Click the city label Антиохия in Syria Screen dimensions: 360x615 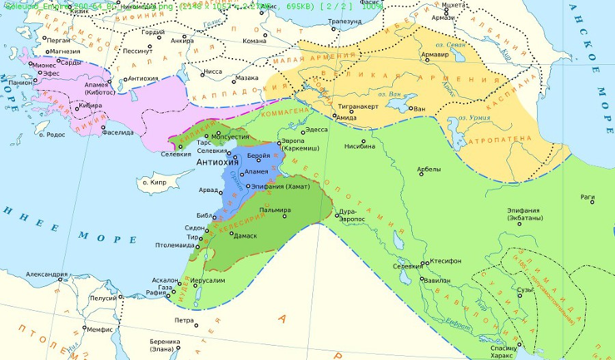[217, 162]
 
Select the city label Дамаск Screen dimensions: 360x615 [245, 236]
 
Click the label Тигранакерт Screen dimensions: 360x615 [357, 108]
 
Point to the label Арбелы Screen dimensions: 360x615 [428, 169]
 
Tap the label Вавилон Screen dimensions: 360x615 [437, 280]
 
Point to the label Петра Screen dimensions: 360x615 [184, 320]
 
